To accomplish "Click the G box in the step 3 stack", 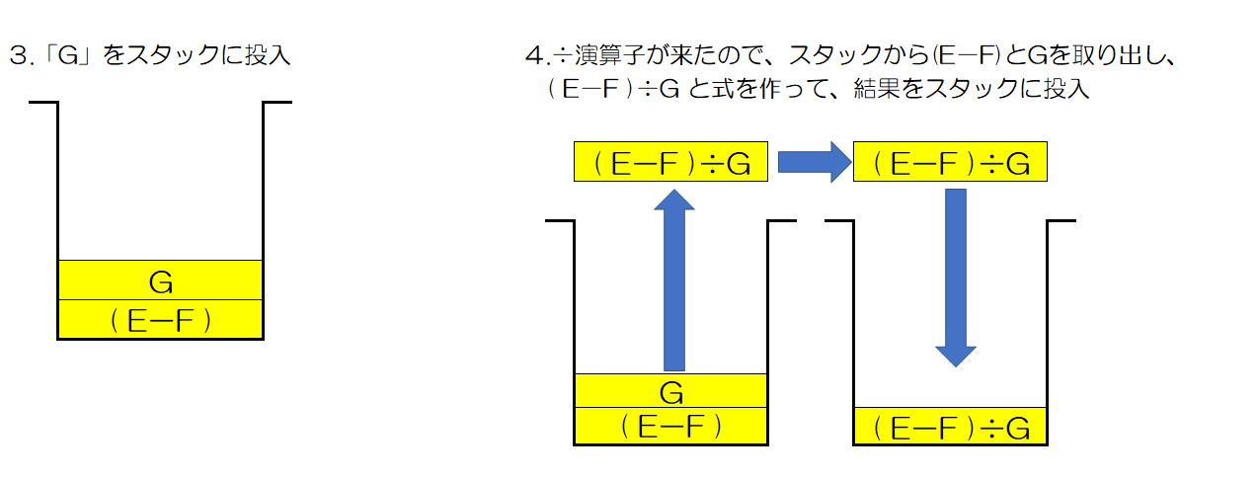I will click(160, 280).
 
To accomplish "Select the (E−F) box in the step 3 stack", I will click(160, 319).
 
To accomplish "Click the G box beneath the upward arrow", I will click(670, 391).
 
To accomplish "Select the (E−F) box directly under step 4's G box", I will click(670, 427).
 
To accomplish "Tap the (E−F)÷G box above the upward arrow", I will click(670, 162).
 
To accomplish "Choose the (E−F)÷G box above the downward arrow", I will click(948, 162).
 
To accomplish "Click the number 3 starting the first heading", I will click(15, 55).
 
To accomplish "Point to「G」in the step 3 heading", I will click(67, 55).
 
